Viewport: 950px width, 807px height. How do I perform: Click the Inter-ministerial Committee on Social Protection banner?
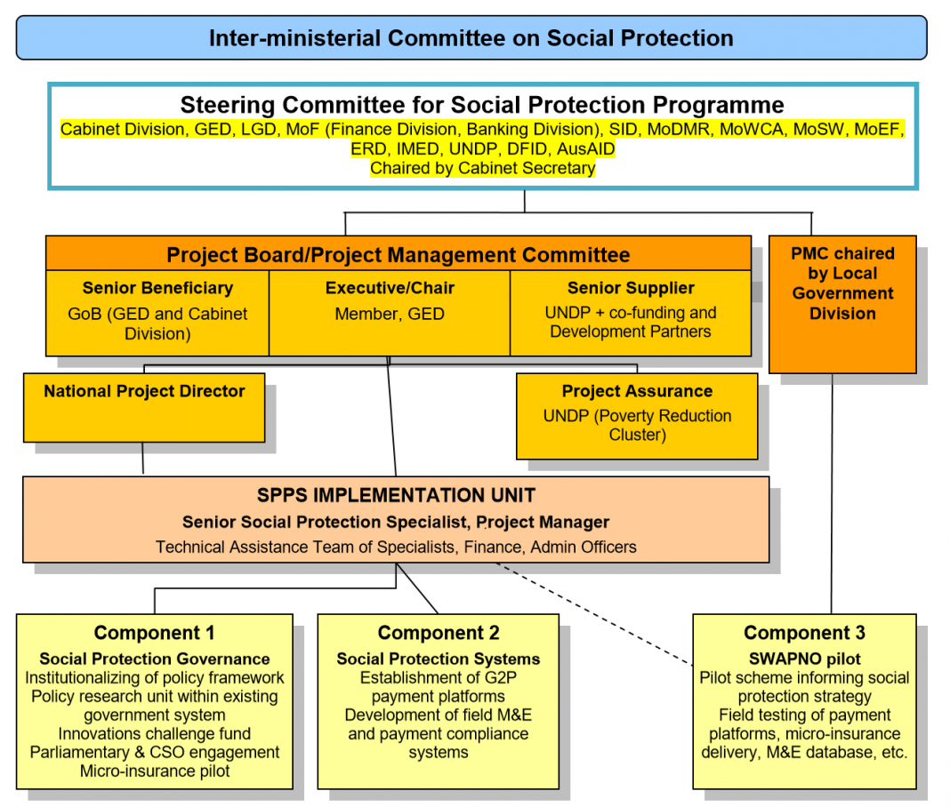pyautogui.click(x=471, y=38)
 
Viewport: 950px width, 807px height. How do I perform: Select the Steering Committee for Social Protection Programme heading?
pyautogui.click(x=482, y=105)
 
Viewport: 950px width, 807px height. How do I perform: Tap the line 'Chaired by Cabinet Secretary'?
pyautogui.click(x=482, y=168)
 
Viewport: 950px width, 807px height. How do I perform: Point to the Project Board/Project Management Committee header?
pyautogui.click(x=398, y=255)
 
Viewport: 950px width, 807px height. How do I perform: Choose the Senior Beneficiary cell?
pyautogui.click(x=157, y=312)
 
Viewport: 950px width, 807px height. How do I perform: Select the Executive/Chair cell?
pyautogui.click(x=390, y=312)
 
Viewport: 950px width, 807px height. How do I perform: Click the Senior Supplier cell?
pyautogui.click(x=631, y=312)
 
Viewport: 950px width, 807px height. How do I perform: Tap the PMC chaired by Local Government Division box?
pyautogui.click(x=841, y=303)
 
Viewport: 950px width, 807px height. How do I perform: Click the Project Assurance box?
pyautogui.click(x=636, y=415)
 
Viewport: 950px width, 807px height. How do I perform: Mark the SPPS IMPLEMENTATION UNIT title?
pyautogui.click(x=396, y=495)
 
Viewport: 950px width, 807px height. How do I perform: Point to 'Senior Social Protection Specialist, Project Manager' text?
pyautogui.click(x=396, y=522)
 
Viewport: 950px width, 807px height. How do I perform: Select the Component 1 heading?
pyautogui.click(x=154, y=633)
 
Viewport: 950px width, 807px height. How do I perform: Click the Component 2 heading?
pyautogui.click(x=439, y=633)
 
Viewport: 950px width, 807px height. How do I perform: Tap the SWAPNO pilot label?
pyautogui.click(x=804, y=659)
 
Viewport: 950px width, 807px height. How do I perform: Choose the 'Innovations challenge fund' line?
pyautogui.click(x=154, y=733)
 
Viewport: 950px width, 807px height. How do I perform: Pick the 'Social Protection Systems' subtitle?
pyautogui.click(x=439, y=659)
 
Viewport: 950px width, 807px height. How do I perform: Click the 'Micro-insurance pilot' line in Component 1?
pyautogui.click(x=154, y=771)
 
